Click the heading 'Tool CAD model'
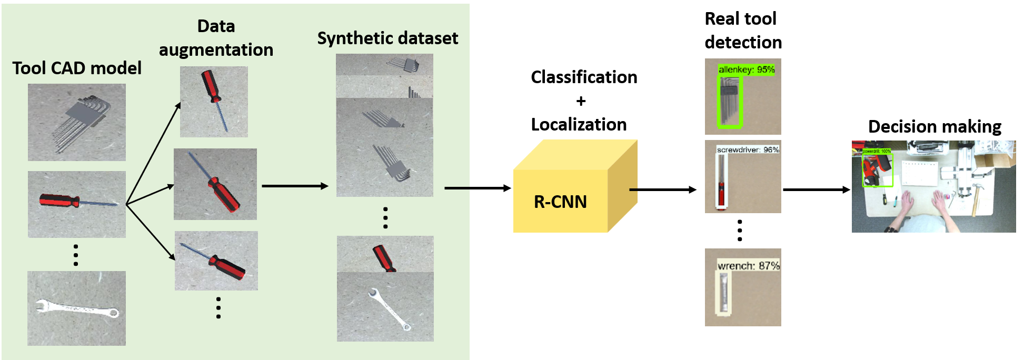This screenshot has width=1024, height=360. pos(77,68)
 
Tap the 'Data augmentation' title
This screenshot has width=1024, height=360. pos(216,38)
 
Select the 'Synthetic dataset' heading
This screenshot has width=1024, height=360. pos(387,38)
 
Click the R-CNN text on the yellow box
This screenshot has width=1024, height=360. pos(560,202)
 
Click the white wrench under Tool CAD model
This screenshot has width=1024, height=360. pos(77,308)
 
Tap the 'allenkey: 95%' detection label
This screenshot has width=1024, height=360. pos(746,69)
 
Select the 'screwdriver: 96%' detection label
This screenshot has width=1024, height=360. pos(748,150)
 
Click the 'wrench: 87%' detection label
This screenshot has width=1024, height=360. pos(748,266)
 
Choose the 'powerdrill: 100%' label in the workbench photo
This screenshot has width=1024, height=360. pos(877,152)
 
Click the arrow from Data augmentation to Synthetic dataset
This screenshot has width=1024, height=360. pos(295,186)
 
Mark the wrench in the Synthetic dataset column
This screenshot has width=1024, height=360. pos(389,309)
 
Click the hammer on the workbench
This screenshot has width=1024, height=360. pos(976,197)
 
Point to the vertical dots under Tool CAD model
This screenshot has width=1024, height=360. pos(76,255)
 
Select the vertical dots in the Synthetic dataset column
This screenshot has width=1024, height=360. pos(385,217)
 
